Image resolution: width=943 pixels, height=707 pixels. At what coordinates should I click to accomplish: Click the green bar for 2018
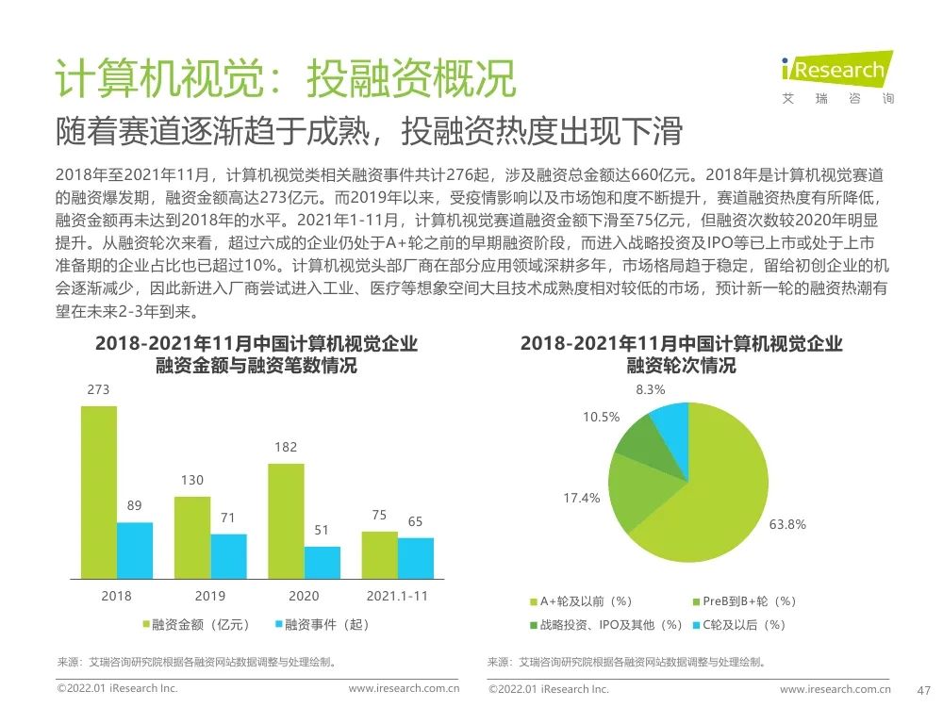[x=99, y=492]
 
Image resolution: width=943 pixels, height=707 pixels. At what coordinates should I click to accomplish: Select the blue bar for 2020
[x=322, y=562]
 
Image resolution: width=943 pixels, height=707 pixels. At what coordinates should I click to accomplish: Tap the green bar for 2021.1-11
[x=379, y=554]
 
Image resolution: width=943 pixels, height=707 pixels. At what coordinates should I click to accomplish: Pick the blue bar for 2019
[x=228, y=556]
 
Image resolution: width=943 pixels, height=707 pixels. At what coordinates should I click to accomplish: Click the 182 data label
[x=286, y=447]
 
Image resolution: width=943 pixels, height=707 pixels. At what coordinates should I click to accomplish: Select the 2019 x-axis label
[x=210, y=596]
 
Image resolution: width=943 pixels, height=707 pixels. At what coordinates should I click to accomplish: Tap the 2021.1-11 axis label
[x=397, y=596]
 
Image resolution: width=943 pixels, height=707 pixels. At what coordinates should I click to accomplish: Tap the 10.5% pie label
[x=601, y=417]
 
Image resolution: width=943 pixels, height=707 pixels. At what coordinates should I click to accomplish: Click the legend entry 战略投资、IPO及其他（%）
[x=604, y=624]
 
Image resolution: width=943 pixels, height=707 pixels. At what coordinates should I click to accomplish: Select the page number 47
[x=924, y=689]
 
